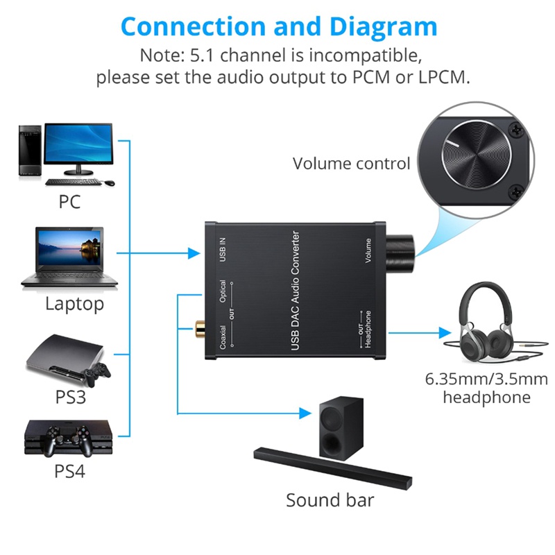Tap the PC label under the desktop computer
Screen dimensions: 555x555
[x=69, y=202]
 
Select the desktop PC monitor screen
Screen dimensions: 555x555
[x=78, y=144]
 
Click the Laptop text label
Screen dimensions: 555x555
[x=74, y=304]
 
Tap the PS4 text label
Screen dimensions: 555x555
[x=69, y=472]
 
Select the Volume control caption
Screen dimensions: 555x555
[x=351, y=164]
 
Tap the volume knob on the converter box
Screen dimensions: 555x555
[x=403, y=250]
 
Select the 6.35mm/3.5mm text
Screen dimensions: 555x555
[x=486, y=379]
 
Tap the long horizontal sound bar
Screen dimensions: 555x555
[x=333, y=466]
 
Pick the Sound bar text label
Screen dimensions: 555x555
[x=330, y=500]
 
